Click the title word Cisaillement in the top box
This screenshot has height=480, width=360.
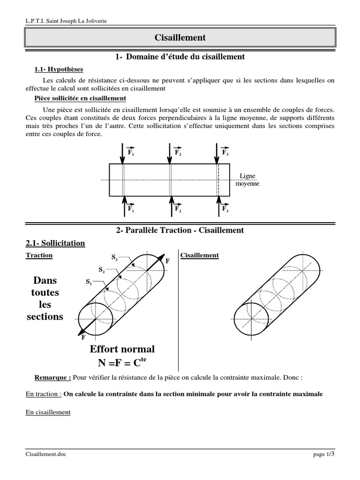180,37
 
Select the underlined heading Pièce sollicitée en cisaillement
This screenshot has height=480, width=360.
80,98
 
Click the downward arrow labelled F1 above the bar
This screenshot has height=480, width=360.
123,152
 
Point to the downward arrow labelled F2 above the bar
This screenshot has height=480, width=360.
170,152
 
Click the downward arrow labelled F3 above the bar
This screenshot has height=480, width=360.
217,152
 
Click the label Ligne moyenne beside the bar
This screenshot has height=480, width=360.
247,180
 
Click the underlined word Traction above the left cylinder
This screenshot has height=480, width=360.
39,255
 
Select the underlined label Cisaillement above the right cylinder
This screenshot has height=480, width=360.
200,255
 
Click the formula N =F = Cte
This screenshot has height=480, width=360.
122,362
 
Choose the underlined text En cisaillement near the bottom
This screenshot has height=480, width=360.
48,412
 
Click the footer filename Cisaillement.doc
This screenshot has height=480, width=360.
46,455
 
